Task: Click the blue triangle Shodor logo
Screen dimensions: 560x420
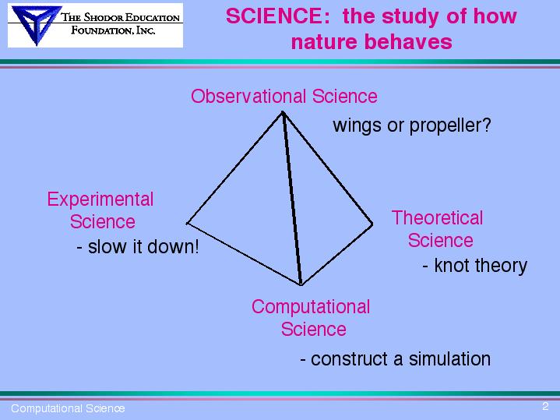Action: [x=36, y=24]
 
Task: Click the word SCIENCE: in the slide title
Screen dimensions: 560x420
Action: [x=278, y=16]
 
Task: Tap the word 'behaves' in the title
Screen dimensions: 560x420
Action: [x=408, y=42]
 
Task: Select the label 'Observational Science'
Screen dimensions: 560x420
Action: [x=284, y=96]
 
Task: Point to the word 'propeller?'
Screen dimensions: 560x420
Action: [x=450, y=125]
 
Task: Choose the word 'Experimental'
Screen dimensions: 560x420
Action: [x=100, y=199]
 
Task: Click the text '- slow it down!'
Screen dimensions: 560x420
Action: [x=138, y=247]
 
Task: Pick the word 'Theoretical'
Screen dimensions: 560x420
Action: [x=437, y=217]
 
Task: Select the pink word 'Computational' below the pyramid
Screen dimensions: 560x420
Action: [x=311, y=308]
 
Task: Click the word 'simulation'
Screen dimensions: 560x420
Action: [x=449, y=359]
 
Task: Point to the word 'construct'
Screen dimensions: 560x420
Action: [x=349, y=359]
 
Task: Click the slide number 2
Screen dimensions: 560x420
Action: [x=545, y=406]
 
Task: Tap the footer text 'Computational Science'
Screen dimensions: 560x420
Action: [x=68, y=408]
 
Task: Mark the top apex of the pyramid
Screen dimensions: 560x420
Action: [x=283, y=112]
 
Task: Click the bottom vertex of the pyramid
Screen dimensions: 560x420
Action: [x=301, y=285]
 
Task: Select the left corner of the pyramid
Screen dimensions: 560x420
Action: [x=187, y=224]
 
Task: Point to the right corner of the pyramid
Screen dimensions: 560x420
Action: [x=372, y=224]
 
